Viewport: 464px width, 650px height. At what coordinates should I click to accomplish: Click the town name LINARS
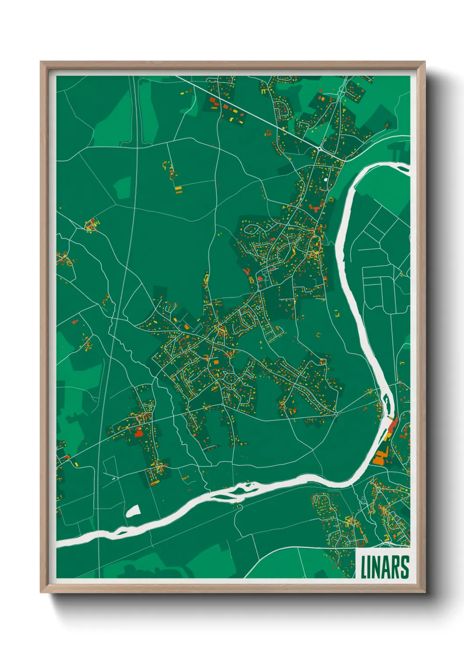click(385, 567)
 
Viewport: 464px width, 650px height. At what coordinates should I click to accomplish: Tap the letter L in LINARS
click(364, 567)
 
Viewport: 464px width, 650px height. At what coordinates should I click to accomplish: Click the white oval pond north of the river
click(132, 511)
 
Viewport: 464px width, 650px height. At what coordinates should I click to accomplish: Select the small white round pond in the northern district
click(325, 179)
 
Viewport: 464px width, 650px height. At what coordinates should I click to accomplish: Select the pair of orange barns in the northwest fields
click(178, 190)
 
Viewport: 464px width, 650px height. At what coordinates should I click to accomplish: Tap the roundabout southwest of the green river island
click(336, 413)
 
